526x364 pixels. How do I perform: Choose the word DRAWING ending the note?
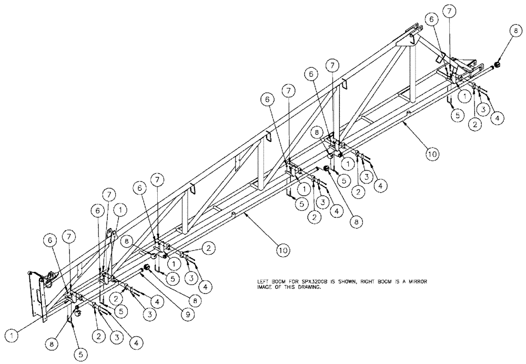[308, 288]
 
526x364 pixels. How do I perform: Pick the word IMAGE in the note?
[262, 288]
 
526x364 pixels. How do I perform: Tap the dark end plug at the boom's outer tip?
[496, 65]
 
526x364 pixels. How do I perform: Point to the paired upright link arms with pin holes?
[109, 239]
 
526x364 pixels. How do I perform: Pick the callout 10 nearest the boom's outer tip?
[431, 154]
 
